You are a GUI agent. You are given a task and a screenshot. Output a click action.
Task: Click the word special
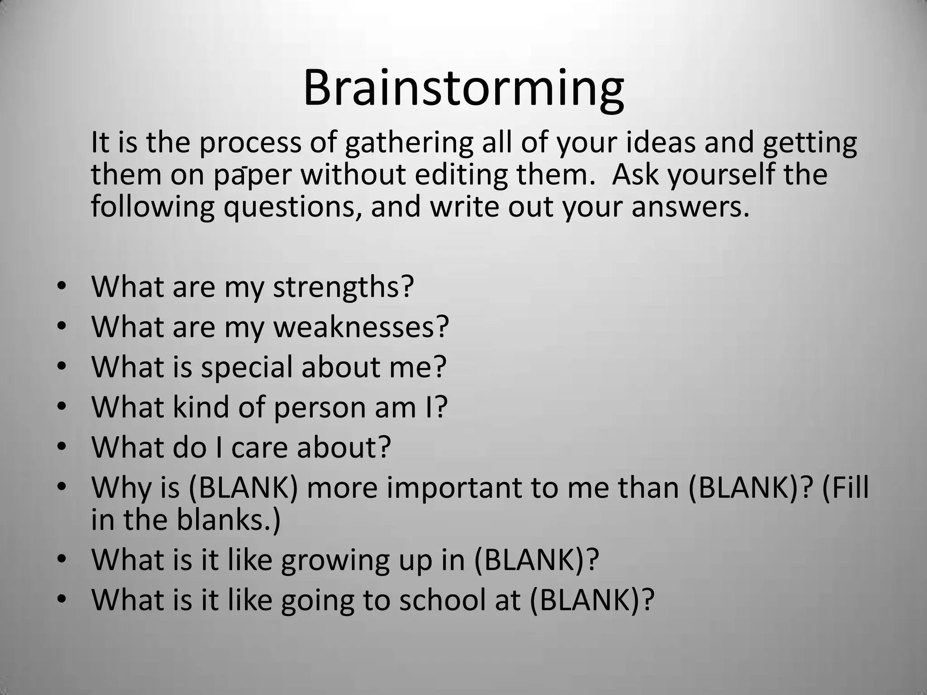click(x=247, y=367)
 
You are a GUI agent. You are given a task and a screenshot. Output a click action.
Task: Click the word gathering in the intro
click(x=409, y=143)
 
